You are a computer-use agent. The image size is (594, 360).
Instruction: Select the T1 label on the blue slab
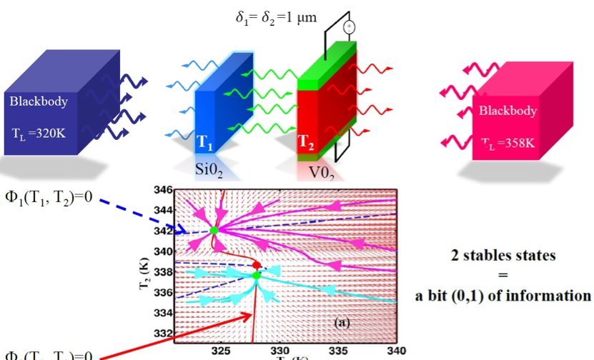204,143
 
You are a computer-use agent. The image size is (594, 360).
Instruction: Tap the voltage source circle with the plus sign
349,27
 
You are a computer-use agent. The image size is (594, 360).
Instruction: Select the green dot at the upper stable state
214,231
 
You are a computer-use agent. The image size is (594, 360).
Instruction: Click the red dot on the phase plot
257,265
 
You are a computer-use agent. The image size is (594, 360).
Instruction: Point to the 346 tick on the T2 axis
164,190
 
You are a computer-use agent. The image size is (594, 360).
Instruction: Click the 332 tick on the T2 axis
164,334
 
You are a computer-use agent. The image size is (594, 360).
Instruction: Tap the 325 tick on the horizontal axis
222,351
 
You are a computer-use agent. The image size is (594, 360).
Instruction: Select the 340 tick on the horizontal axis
396,351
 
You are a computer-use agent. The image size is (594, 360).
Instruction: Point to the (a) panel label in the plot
342,322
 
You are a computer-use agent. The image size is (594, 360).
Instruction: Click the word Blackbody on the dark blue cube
39,101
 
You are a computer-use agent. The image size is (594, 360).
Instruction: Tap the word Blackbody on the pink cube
508,111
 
